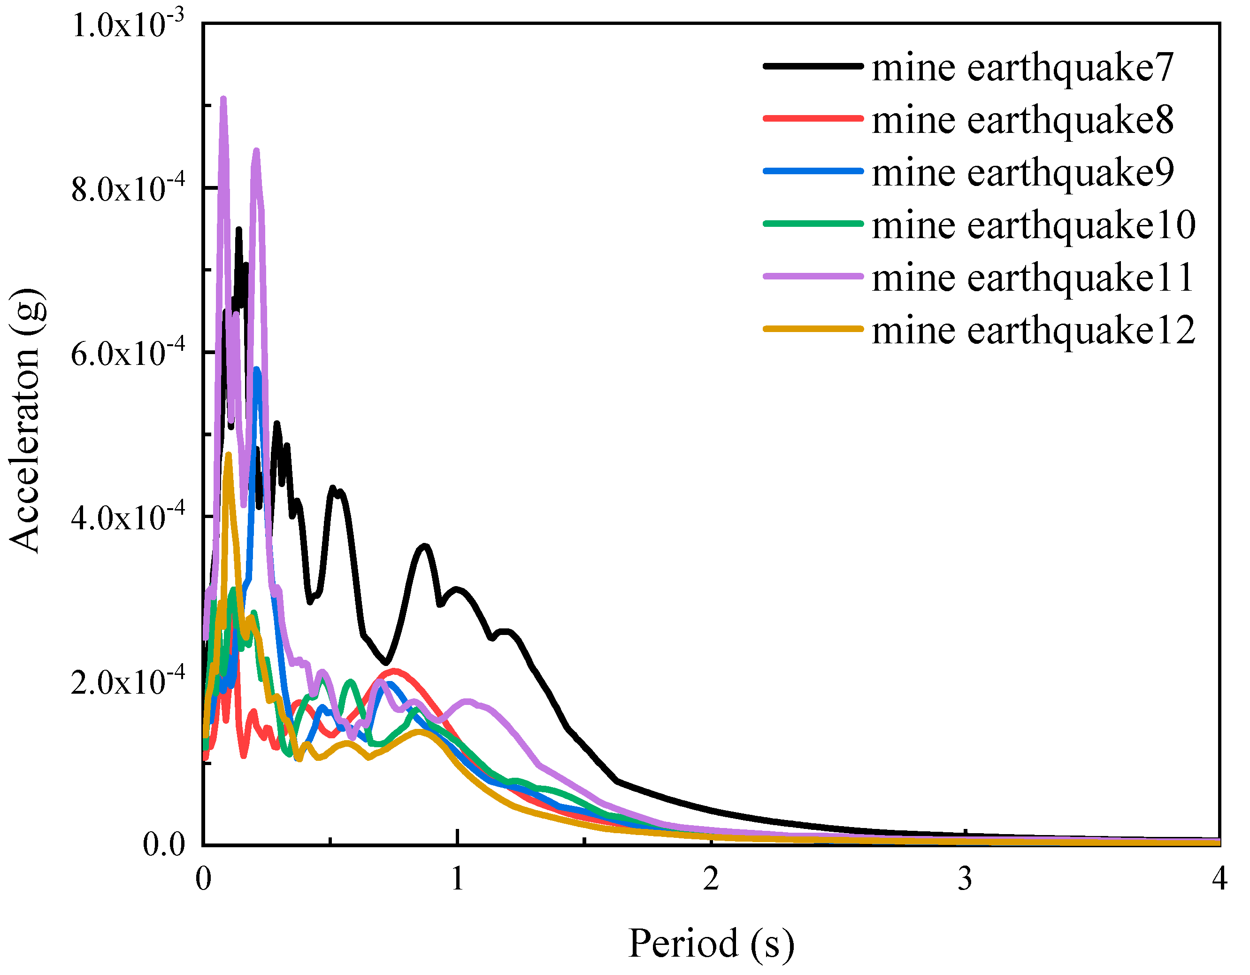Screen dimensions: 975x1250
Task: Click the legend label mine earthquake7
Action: [x=1022, y=68]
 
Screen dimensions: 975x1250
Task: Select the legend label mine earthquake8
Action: [x=1022, y=121]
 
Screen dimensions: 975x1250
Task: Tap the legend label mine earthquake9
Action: [x=1022, y=173]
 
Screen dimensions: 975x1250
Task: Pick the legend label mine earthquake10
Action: [x=1033, y=225]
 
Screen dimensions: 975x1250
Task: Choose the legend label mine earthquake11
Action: [x=1033, y=278]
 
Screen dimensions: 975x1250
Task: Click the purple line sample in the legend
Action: [x=813, y=277]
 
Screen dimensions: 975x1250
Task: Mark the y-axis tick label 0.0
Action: [x=164, y=844]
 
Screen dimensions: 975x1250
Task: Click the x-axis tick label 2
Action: [x=711, y=879]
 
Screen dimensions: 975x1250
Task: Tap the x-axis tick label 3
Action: [x=965, y=879]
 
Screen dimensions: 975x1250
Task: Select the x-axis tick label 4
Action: [x=1219, y=879]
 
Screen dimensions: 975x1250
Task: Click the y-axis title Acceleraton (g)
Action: [x=26, y=421]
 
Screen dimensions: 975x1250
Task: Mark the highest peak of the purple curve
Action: [x=223, y=99]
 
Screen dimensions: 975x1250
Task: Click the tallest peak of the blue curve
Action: [x=257, y=370]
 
